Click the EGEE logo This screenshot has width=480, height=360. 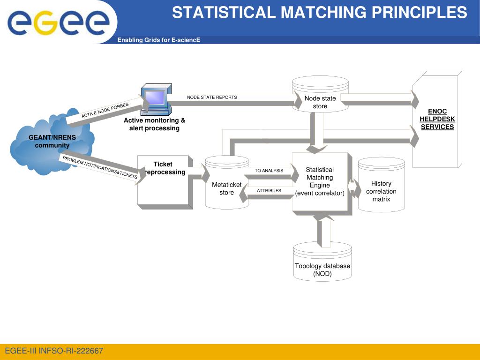coord(58,22)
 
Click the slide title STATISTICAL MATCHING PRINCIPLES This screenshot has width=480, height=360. coord(319,13)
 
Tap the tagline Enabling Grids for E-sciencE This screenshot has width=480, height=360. coord(158,40)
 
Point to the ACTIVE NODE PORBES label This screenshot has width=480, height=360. coord(105,110)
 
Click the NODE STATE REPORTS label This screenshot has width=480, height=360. coord(212,97)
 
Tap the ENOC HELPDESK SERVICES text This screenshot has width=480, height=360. coord(437,119)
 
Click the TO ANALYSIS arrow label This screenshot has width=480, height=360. coord(269,171)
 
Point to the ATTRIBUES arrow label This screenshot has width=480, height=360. coord(269,191)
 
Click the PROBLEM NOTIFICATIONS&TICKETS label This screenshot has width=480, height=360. coord(100,167)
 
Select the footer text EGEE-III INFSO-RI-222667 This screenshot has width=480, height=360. coord(54,351)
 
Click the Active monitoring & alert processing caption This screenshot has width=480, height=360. coord(154,124)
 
